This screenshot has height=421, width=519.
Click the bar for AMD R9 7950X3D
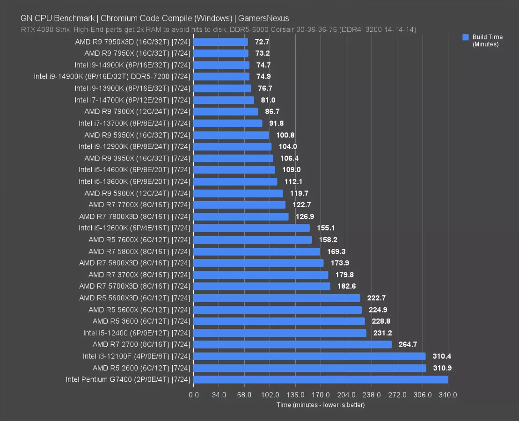coord(220,42)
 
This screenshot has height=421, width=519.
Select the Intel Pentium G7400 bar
coord(321,379)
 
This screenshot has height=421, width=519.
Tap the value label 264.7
coord(408,344)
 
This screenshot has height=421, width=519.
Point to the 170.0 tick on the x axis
coord(321,395)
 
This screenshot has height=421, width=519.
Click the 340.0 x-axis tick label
coord(448,395)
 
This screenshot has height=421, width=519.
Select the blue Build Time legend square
coord(465,37)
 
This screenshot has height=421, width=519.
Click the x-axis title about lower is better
coord(321,405)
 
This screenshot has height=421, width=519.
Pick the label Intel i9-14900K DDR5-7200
coord(112,77)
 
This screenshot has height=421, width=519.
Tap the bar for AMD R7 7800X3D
coord(241,217)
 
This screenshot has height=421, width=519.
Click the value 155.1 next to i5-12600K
coord(326,228)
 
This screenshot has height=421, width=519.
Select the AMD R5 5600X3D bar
coord(277,298)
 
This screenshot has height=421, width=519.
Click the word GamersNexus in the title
coord(263,19)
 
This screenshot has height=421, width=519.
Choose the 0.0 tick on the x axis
coord(193,395)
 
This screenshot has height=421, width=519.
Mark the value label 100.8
coord(285,135)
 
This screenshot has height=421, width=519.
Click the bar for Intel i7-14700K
coord(224,100)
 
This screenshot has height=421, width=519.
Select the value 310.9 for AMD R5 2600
coord(442,368)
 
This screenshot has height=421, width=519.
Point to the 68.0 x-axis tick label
coord(244,395)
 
